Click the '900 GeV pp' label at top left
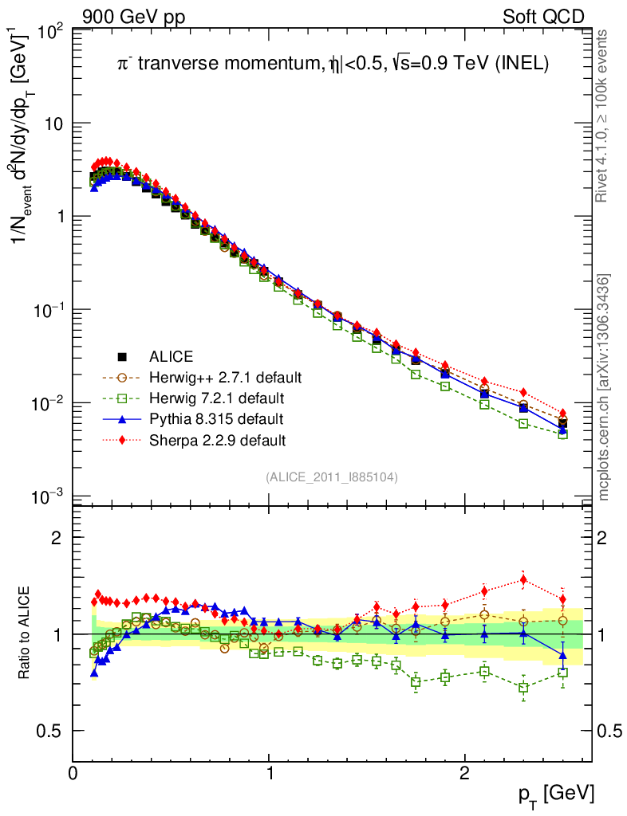[x=132, y=17]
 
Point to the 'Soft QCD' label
[x=543, y=17]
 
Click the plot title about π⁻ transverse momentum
[x=329, y=65]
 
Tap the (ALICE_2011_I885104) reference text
[x=332, y=477]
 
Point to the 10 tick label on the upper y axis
[x=53, y=124]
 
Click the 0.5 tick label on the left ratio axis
[x=52, y=731]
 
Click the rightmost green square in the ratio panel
[x=562, y=673]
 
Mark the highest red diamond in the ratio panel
[x=523, y=579]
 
